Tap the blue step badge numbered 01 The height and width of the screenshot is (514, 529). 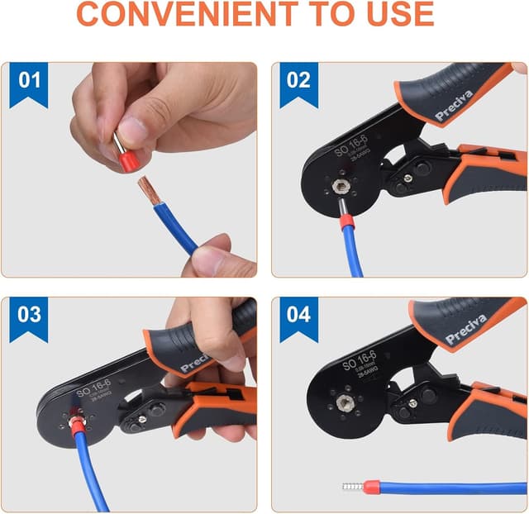point(30,82)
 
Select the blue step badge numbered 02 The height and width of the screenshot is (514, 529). point(298,82)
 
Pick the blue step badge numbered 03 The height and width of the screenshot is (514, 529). point(30,316)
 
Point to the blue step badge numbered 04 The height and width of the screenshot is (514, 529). point(298,316)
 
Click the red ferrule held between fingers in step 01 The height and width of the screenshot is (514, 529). point(128,162)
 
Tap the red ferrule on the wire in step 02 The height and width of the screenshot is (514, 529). point(346,221)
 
